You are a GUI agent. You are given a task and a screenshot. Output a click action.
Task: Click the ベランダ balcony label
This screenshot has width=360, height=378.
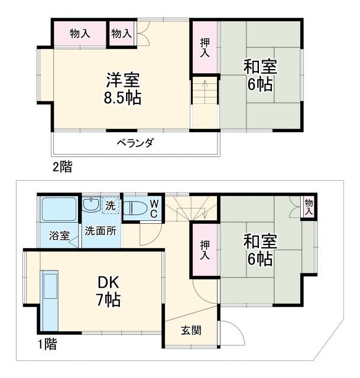coord(135,142)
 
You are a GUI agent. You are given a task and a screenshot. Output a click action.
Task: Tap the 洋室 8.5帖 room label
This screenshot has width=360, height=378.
coord(124,89)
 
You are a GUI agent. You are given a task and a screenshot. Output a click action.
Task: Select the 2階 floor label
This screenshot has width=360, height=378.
coord(61,167)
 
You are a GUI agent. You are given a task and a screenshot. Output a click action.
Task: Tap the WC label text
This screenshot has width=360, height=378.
coord(153,207)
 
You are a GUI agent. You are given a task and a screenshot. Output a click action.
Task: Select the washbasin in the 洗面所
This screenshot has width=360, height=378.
coord(92,206)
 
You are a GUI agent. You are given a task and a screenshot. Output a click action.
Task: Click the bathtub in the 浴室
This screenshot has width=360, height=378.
coord(59,209)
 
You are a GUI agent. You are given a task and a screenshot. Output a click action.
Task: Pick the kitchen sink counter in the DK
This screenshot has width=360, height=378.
coord(50,301)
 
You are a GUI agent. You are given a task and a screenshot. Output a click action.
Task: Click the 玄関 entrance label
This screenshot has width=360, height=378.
coord(190,330)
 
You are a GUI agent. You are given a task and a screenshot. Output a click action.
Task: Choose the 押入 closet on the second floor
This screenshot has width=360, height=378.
coord(204,48)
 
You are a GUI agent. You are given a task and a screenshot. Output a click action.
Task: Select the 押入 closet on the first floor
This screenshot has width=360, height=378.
coord(204,250)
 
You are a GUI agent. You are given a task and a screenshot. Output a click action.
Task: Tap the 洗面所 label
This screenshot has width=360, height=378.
coord(100,230)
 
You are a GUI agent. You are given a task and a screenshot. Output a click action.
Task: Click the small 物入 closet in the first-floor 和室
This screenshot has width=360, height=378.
coord(308,206)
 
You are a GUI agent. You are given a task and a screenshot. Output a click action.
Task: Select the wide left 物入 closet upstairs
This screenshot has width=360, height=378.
coord(80,34)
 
